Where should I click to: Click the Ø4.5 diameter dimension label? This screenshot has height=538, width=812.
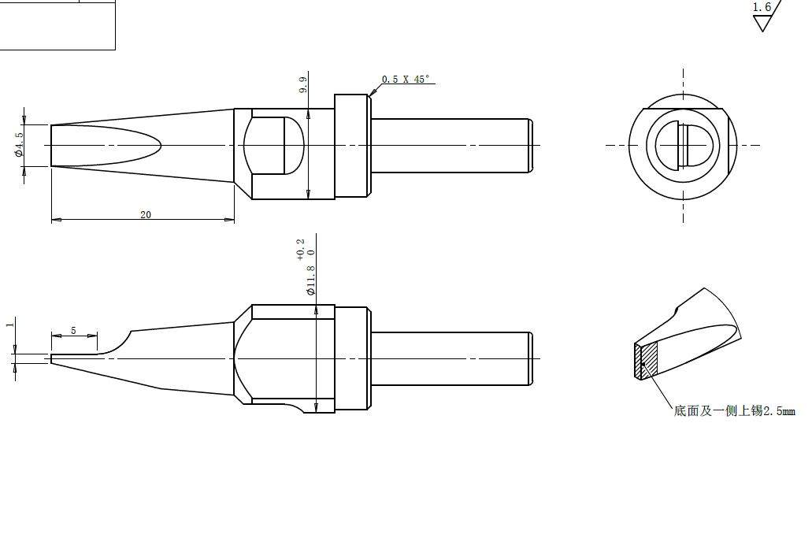(x=19, y=144)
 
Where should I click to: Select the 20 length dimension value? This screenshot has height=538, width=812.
(x=146, y=214)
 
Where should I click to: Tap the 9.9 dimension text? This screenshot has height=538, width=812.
(x=303, y=85)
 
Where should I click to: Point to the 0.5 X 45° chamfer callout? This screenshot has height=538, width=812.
(x=406, y=80)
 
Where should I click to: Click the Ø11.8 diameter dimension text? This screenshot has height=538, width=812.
(x=311, y=280)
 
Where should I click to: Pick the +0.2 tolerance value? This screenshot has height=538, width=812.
(x=301, y=250)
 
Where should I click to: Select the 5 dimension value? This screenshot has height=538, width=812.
(x=73, y=330)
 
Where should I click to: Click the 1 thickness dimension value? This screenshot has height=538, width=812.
(x=9, y=325)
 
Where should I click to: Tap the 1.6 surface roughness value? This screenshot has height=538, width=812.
(x=762, y=7)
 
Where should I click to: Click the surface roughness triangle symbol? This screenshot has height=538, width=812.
(x=762, y=23)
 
